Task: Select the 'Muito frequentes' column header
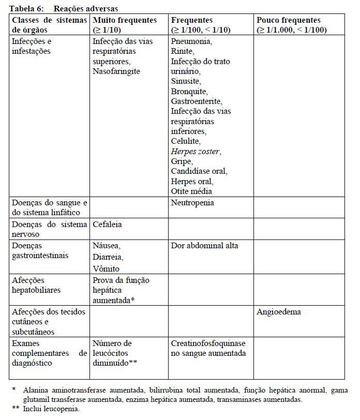pyautogui.click(x=125, y=20)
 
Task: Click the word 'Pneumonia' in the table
pyautogui.click(x=190, y=41)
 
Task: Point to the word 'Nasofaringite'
pyautogui.click(x=116, y=71)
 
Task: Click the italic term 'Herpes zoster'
pyautogui.click(x=196, y=152)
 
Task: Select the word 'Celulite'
pyautogui.click(x=186, y=141)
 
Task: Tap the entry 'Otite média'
pyautogui.click(x=191, y=192)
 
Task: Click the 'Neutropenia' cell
pyautogui.click(x=192, y=203)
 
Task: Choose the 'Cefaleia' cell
pyautogui.click(x=108, y=225)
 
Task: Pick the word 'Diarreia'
pyautogui.click(x=108, y=257)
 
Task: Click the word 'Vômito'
pyautogui.click(x=106, y=268)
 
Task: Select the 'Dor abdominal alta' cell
pyautogui.click(x=204, y=246)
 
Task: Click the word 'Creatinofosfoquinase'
pyautogui.click(x=208, y=343)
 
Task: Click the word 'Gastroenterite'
pyautogui.click(x=196, y=101)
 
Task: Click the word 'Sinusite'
pyautogui.click(x=186, y=81)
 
